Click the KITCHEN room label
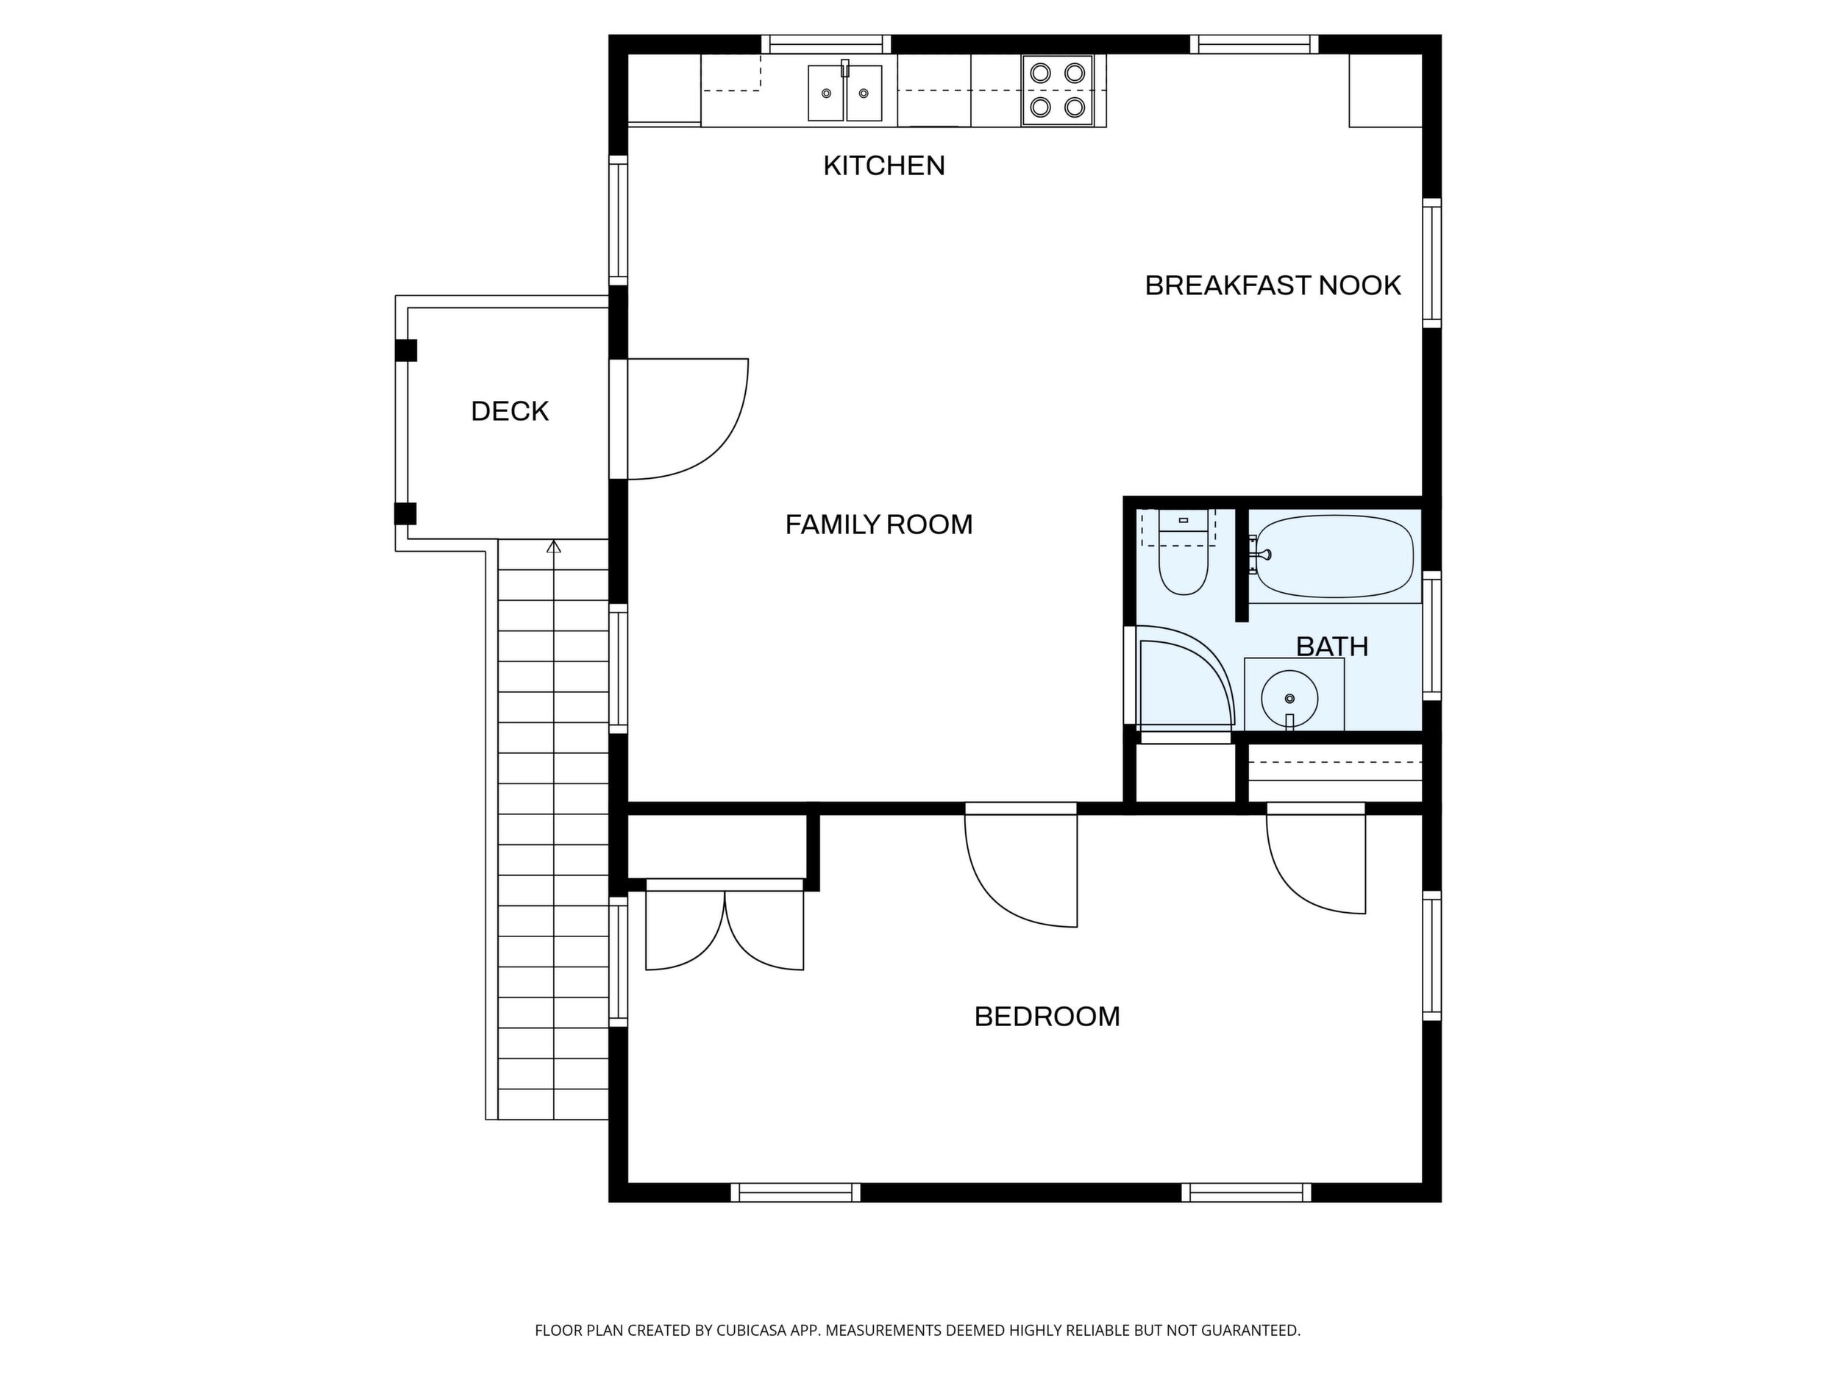(x=884, y=166)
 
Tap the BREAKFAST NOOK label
(x=1273, y=285)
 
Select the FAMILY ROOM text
(x=879, y=524)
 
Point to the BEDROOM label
(x=1047, y=1017)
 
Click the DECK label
(x=510, y=412)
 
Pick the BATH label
(x=1331, y=647)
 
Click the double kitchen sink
(x=845, y=92)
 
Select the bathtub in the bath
(x=1333, y=556)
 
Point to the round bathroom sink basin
(x=1289, y=698)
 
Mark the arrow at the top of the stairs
(x=554, y=546)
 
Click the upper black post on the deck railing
(x=406, y=350)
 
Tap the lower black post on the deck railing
(x=405, y=513)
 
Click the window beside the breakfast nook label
(x=1431, y=263)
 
